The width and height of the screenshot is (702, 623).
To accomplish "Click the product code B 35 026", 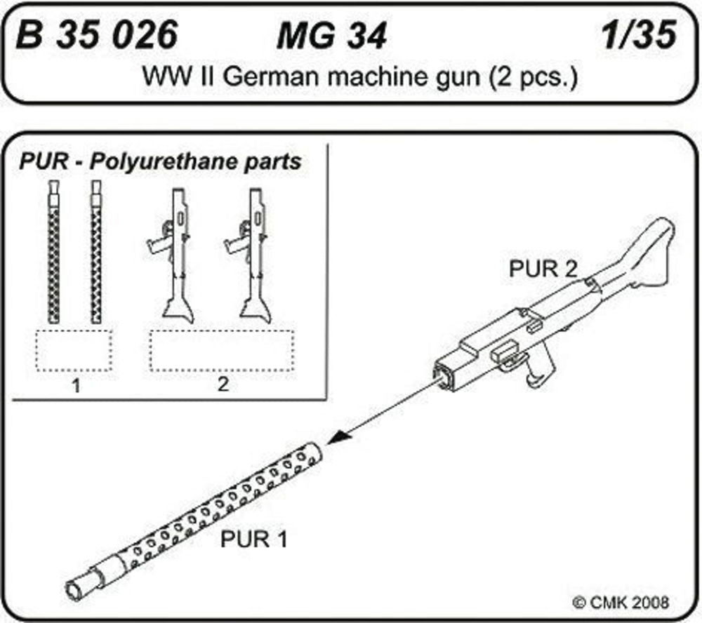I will pyautogui.click(x=97, y=35).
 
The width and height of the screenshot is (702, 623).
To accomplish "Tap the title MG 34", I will pyautogui.click(x=331, y=36).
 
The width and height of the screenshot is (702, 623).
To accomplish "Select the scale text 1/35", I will pyautogui.click(x=640, y=35).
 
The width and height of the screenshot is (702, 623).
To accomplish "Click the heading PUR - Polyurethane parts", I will pyautogui.click(x=160, y=161).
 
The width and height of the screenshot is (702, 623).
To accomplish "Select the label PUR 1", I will pyautogui.click(x=254, y=540).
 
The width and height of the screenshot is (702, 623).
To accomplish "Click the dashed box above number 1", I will pyautogui.click(x=74, y=349).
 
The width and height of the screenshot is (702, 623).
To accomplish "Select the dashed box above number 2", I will pyautogui.click(x=223, y=349).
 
